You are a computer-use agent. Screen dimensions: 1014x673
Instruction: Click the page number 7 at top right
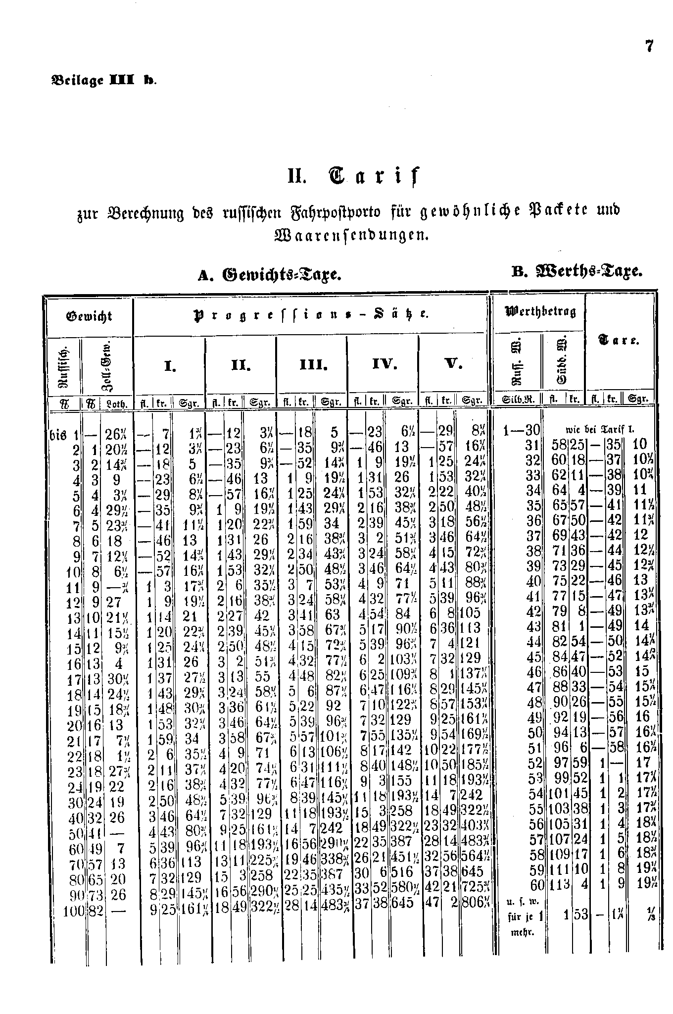coord(649,47)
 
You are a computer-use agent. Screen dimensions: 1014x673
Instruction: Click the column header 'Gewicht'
coord(89,316)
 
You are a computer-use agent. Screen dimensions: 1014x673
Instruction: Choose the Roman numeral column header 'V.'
coord(453,366)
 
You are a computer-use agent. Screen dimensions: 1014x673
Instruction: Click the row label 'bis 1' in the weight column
coord(66,435)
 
